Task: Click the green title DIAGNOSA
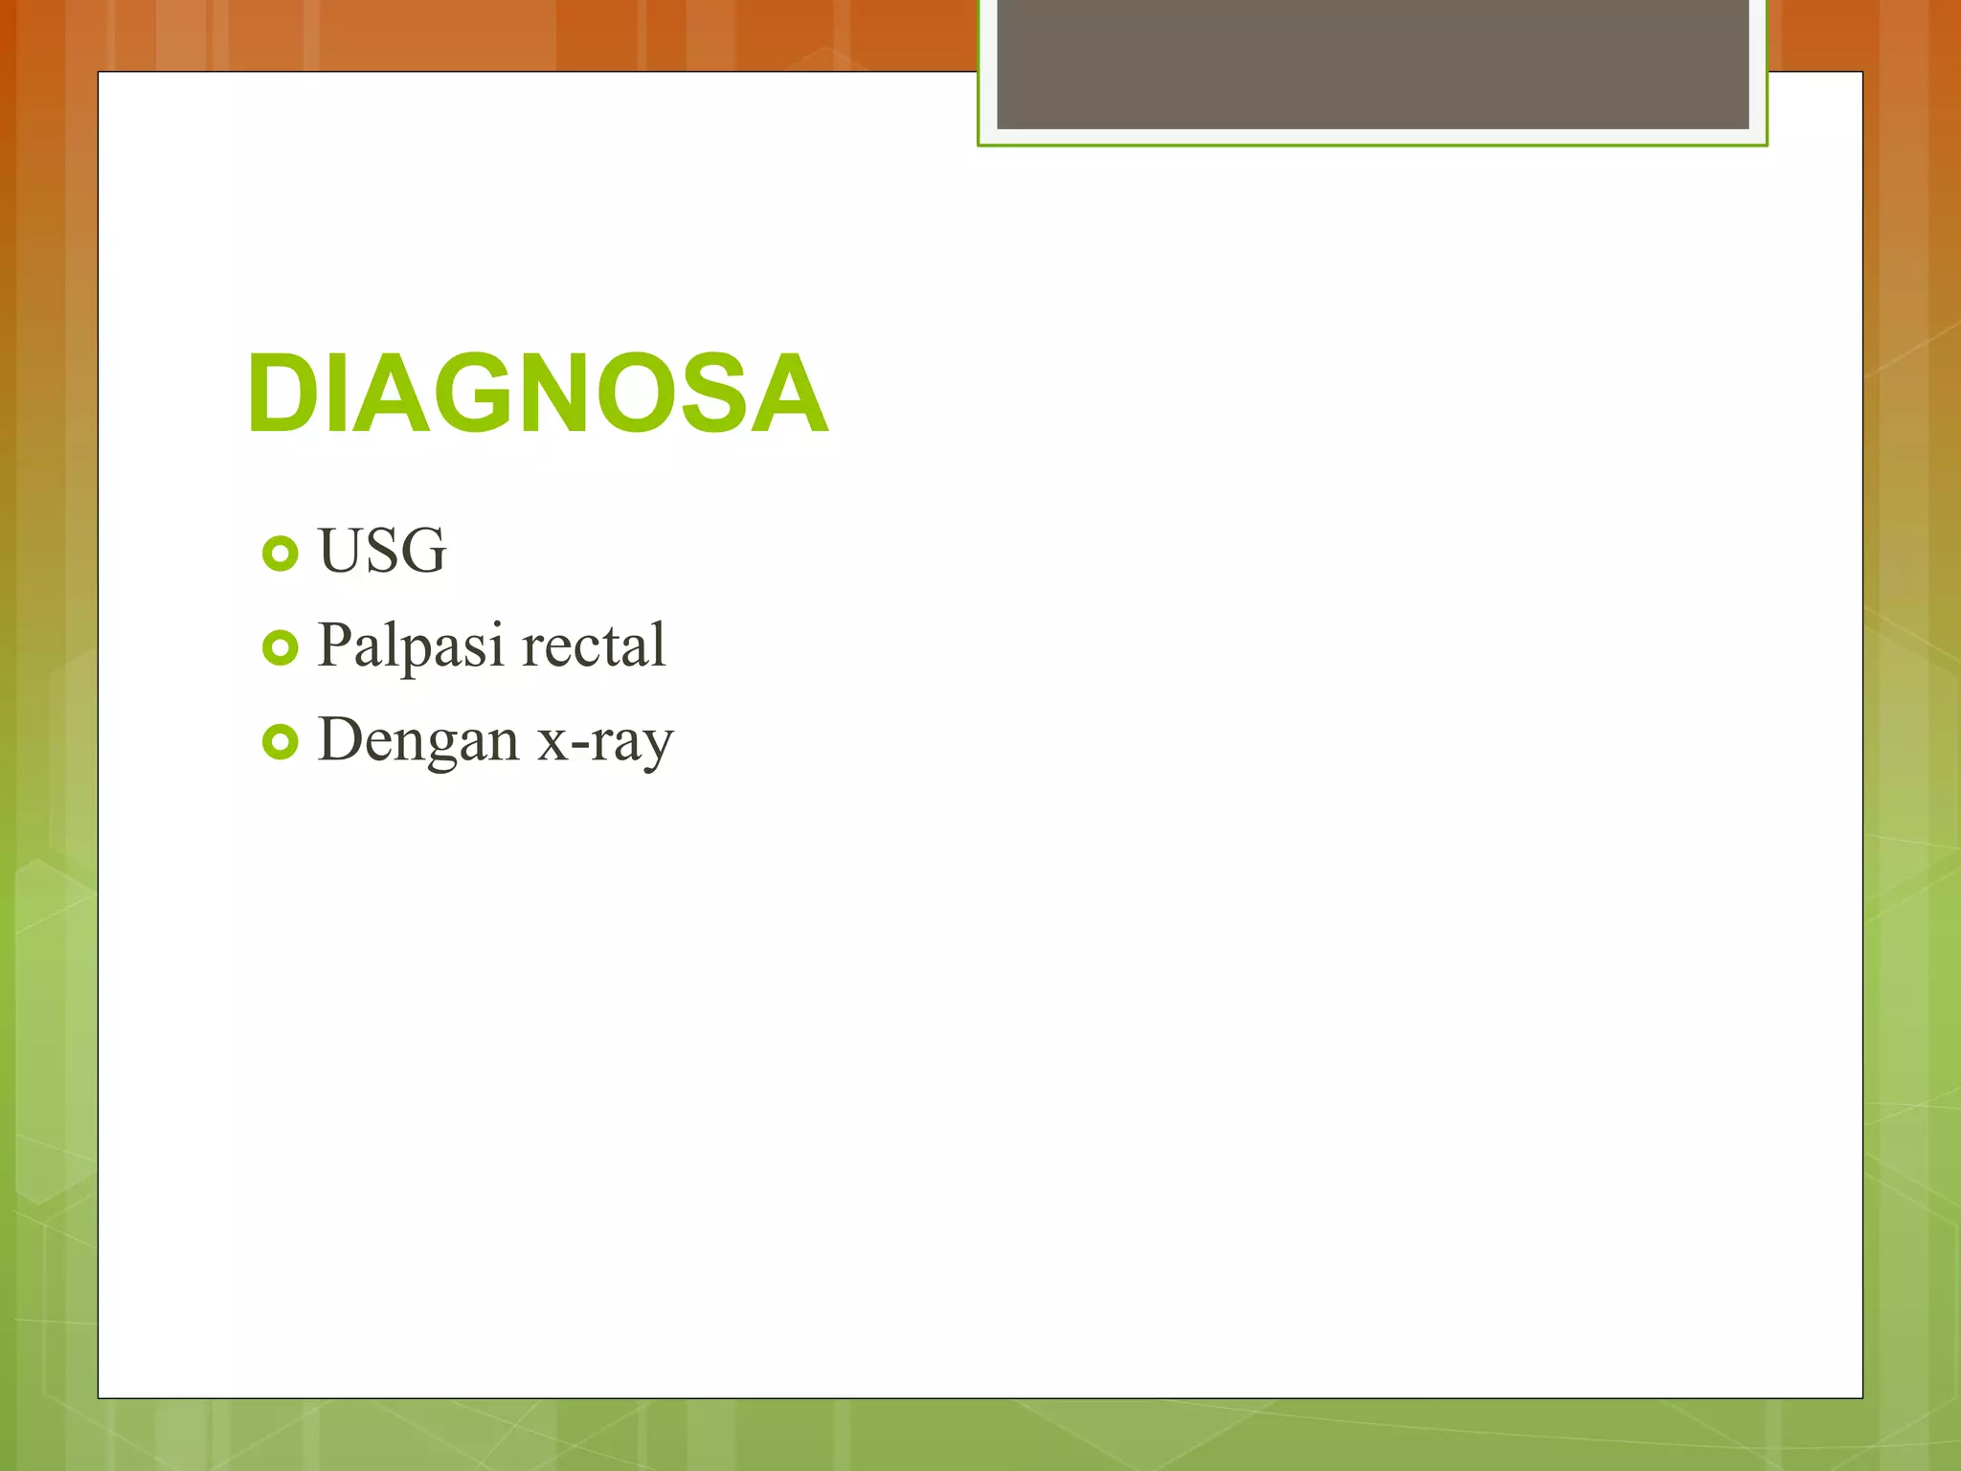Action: (537, 394)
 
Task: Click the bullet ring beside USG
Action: (280, 554)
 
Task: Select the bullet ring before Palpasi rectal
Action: (280, 648)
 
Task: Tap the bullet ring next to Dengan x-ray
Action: (280, 742)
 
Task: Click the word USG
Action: (382, 551)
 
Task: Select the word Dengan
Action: (418, 740)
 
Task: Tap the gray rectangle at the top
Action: (1372, 63)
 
